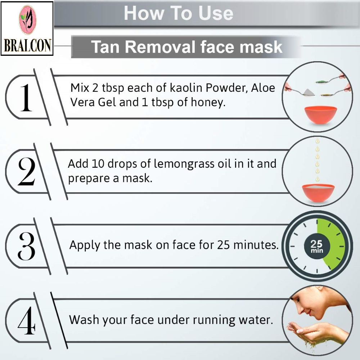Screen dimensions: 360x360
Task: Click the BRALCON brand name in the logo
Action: click(x=27, y=45)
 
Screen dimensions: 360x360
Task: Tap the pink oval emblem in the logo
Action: click(x=27, y=20)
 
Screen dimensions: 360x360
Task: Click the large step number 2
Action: click(x=27, y=171)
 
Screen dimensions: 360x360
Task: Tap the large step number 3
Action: click(x=27, y=246)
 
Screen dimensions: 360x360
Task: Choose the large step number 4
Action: click(x=27, y=320)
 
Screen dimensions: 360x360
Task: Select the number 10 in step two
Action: click(x=98, y=164)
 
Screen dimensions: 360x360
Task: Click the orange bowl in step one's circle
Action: click(x=320, y=115)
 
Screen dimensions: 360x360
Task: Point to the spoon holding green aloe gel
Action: click(x=330, y=79)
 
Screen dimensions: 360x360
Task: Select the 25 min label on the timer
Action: click(x=317, y=246)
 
